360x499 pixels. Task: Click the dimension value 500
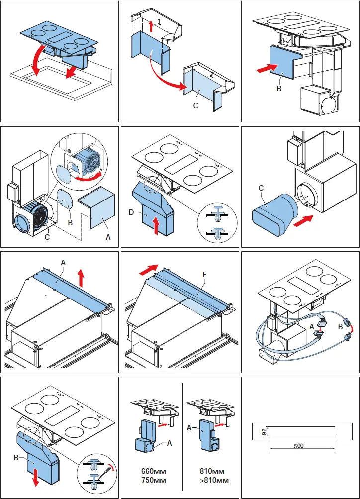tap(298, 445)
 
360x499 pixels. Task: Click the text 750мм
tap(152, 480)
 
